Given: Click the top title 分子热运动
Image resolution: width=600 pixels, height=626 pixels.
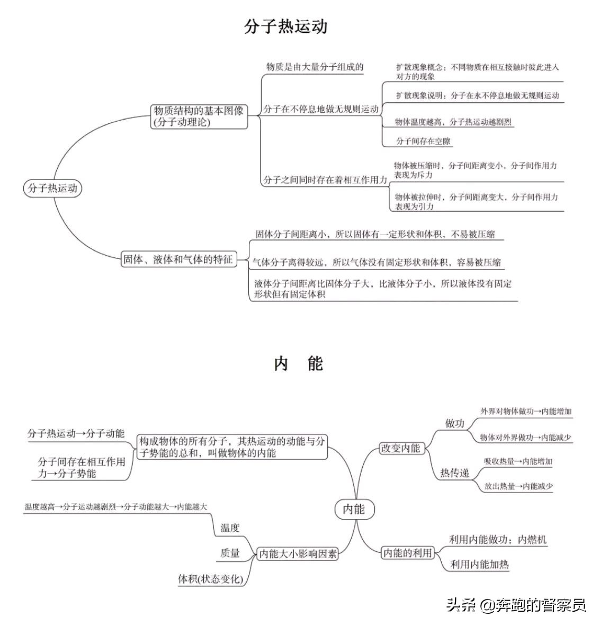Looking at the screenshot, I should [x=285, y=26].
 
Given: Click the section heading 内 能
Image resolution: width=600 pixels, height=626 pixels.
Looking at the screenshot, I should [x=299, y=364].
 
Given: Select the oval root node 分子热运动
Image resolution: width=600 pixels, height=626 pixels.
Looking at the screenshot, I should [x=53, y=188].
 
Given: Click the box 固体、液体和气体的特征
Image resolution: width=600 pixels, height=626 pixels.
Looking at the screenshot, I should [x=178, y=260].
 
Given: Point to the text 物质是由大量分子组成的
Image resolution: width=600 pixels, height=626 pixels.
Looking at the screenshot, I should [x=315, y=67].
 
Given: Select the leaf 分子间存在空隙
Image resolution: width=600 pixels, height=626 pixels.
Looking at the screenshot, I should [x=423, y=141].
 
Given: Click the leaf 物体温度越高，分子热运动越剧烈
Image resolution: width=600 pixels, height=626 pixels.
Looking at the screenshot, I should [x=453, y=122].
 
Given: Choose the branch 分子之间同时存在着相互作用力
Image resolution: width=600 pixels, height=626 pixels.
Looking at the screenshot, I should [x=325, y=180].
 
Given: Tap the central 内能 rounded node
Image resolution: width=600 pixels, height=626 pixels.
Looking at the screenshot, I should [x=354, y=509].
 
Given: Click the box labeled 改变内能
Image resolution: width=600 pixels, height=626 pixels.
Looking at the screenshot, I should [x=400, y=448].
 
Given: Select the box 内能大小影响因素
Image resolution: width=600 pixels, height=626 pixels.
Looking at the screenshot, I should [x=298, y=554].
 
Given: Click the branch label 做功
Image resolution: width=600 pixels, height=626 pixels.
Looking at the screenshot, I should [x=454, y=423].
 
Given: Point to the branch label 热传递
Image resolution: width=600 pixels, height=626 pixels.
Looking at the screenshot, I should [x=455, y=473].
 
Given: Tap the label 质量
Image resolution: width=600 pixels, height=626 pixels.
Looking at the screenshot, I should [x=230, y=553].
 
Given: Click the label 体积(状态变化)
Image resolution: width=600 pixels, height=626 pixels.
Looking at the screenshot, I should [x=211, y=579].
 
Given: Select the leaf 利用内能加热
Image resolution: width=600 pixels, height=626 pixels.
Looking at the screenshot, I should [x=479, y=565].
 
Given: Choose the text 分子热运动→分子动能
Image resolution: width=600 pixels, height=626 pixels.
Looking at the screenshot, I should [x=76, y=434].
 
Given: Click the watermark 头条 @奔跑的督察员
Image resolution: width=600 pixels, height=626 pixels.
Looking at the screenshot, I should [x=516, y=605].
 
